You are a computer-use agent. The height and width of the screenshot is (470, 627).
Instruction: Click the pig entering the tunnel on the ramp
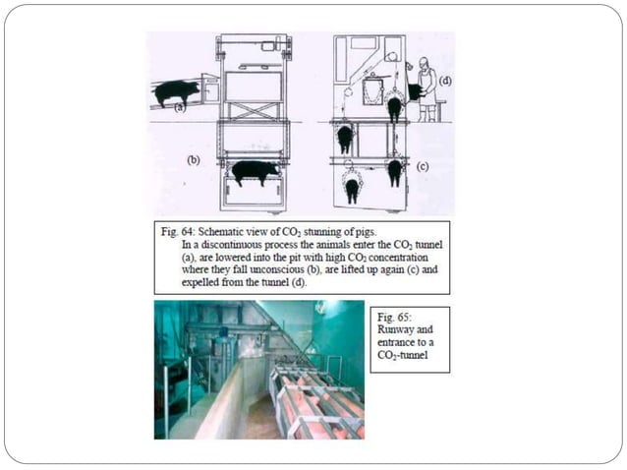pyautogui.click(x=177, y=92)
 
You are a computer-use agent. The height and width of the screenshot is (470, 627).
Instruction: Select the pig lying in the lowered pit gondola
pyautogui.click(x=255, y=172)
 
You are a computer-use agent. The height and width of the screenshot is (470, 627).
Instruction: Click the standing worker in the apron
pyautogui.click(x=426, y=88)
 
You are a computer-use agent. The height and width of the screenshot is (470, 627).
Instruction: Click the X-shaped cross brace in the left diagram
pyautogui.click(x=255, y=110)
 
